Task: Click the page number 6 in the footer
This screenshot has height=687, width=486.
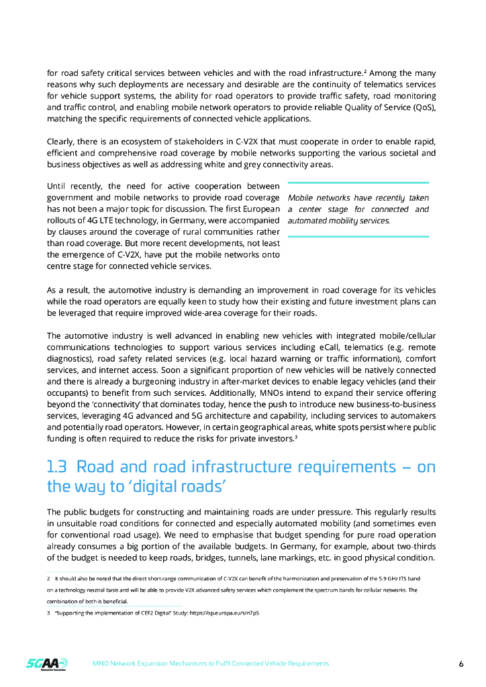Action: click(x=461, y=664)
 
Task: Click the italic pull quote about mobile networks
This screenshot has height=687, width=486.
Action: click(x=358, y=209)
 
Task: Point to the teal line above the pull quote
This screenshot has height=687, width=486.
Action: click(x=358, y=182)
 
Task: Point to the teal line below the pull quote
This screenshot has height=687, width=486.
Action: click(x=358, y=236)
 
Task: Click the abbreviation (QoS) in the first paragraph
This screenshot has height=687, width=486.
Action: click(x=422, y=107)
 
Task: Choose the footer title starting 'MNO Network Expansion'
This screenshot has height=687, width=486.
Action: click(x=210, y=664)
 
